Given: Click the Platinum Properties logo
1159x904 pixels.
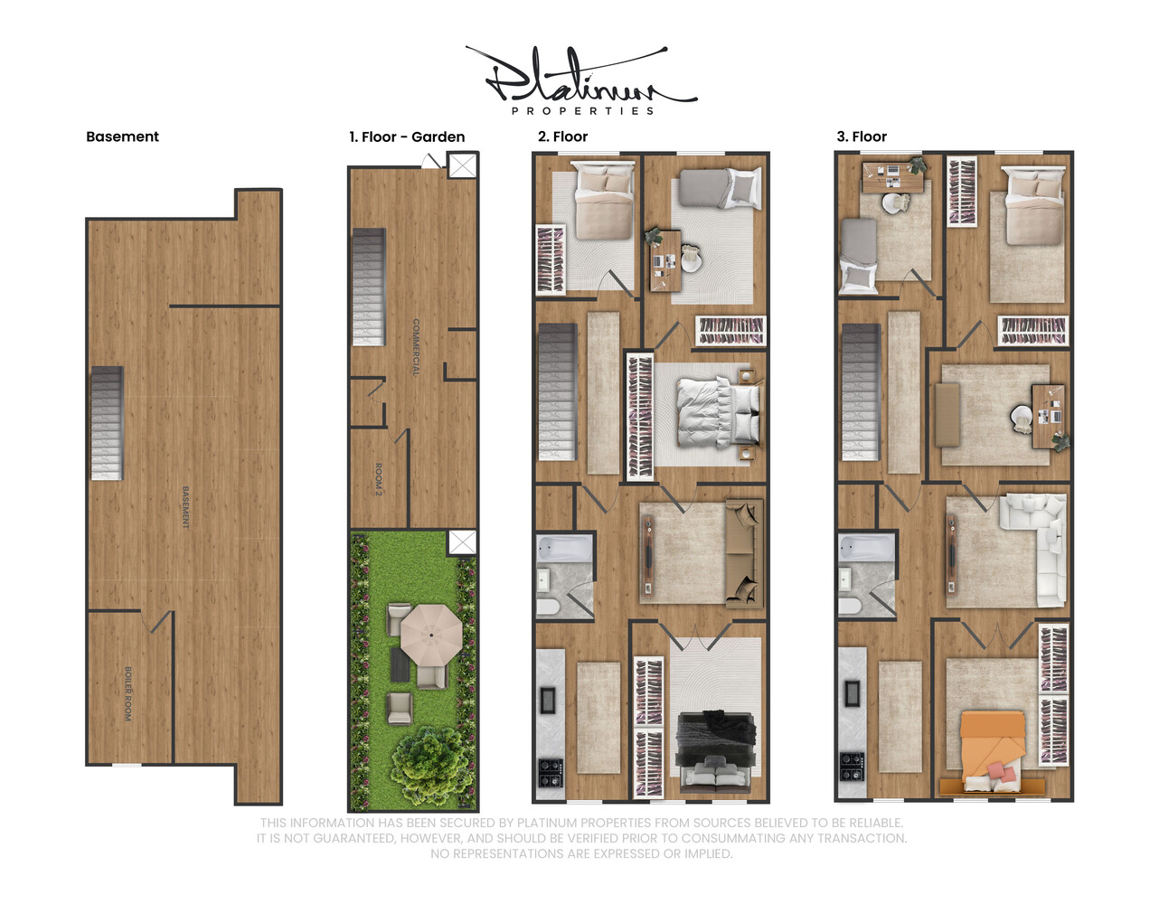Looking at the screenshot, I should tap(580, 81).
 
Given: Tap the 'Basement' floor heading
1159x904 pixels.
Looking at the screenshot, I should tap(122, 137).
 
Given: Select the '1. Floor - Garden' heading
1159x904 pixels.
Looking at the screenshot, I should tap(407, 137).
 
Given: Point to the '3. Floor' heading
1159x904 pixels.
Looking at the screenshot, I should tap(862, 137).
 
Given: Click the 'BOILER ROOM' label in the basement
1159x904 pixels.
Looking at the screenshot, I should tap(128, 693).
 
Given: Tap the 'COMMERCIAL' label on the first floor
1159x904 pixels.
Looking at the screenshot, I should tap(416, 347).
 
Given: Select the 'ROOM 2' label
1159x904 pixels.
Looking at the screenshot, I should tap(379, 479).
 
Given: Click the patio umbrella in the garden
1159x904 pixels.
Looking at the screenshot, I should tap(431, 634).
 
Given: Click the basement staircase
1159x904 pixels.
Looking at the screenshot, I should tap(107, 423).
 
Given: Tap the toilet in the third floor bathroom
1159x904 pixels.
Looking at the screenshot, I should tap(849, 605).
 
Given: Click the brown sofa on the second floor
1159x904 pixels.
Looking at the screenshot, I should tap(743, 551).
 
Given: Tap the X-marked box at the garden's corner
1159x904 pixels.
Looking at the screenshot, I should tap(462, 542).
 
